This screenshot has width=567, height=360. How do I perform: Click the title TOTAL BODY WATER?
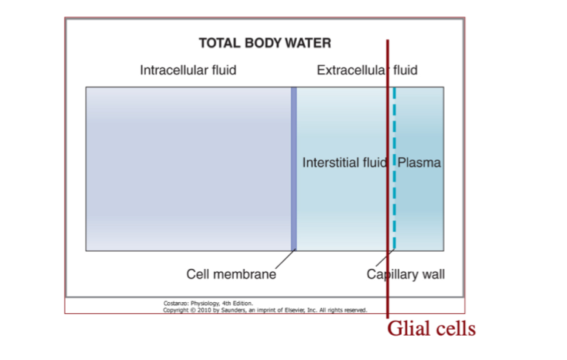click(x=264, y=42)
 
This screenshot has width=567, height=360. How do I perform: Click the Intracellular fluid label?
click(x=188, y=70)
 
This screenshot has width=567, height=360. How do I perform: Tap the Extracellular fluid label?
click(x=366, y=70)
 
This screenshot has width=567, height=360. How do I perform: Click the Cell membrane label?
click(x=231, y=275)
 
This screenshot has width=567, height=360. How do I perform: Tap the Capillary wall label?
click(x=406, y=275)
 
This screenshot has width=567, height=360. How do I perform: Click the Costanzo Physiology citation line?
click(x=208, y=303)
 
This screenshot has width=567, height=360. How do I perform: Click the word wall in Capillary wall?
click(x=433, y=275)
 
